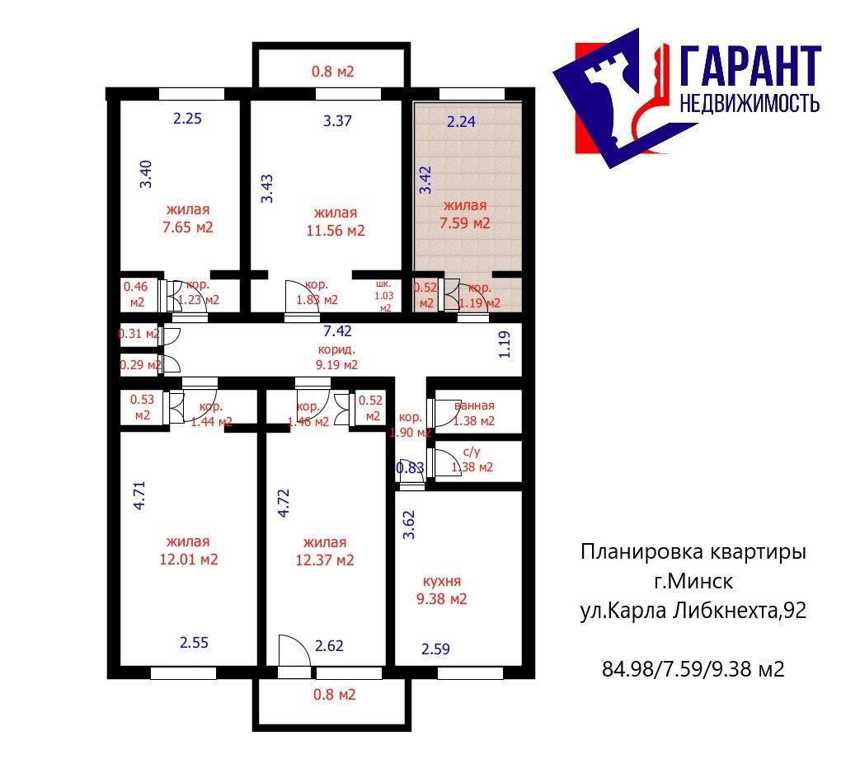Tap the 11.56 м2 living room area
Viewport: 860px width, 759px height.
click(x=333, y=231)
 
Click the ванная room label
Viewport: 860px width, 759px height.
click(x=473, y=405)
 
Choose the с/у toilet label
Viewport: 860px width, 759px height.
click(x=472, y=452)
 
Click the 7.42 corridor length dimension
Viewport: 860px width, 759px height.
click(x=336, y=331)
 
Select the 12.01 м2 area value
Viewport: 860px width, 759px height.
click(x=188, y=560)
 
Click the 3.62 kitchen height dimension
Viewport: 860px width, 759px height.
click(x=408, y=525)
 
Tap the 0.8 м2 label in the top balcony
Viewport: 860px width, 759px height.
click(x=332, y=72)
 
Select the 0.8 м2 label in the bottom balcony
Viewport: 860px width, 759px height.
click(x=333, y=695)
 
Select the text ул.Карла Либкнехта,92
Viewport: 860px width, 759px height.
click(x=692, y=611)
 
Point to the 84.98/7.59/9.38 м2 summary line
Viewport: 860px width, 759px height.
click(x=693, y=668)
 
